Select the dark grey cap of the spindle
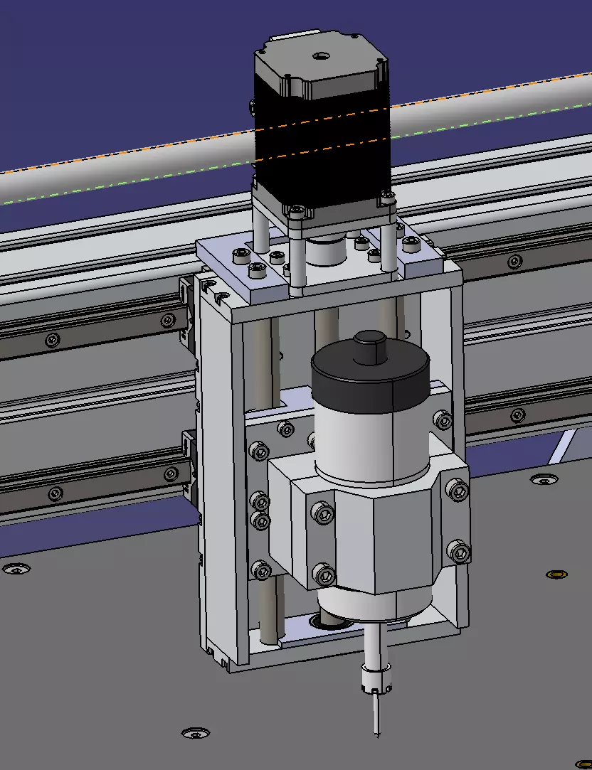click(370, 384)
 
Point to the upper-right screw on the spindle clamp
click(457, 490)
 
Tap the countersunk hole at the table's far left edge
click(15, 569)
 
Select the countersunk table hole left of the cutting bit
click(194, 733)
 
